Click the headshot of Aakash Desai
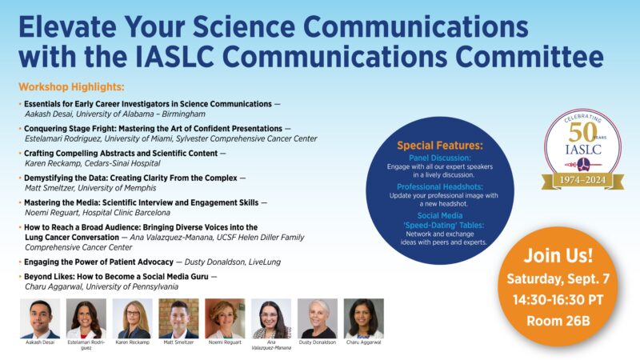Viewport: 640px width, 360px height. (40, 318)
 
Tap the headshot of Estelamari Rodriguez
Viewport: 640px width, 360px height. (86, 318)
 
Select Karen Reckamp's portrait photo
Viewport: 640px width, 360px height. (132, 318)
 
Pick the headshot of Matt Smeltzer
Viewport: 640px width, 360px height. (178, 318)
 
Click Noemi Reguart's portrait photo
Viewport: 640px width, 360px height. (225, 318)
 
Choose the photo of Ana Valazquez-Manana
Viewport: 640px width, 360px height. (271, 318)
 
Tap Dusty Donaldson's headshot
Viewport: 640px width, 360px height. (318, 318)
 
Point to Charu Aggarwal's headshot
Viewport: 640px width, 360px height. (364, 318)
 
